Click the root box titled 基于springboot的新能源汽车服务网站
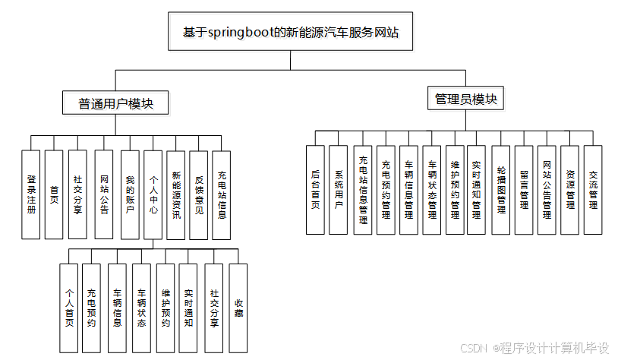(x=291, y=33)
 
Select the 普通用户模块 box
(x=116, y=104)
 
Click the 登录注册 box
(x=31, y=194)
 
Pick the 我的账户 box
(x=129, y=194)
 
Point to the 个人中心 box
(x=153, y=194)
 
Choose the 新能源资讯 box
(x=176, y=194)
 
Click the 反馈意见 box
(x=199, y=194)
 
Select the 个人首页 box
(x=69, y=307)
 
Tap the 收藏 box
(x=238, y=307)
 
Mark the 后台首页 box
(x=315, y=190)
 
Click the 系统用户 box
(x=339, y=190)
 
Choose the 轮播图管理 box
(x=500, y=190)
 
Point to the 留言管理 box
(x=524, y=190)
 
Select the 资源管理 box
(x=570, y=190)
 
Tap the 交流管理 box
(x=593, y=190)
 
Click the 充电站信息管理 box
(x=363, y=190)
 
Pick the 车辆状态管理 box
(x=432, y=190)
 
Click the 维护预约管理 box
(x=455, y=190)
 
